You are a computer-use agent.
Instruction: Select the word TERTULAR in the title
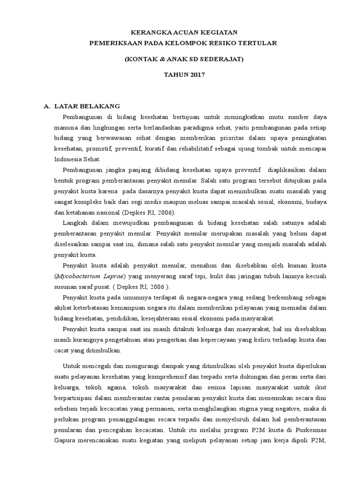coord(258,43)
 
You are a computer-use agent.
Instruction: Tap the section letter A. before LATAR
coord(47,106)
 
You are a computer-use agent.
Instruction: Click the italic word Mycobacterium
coord(80,276)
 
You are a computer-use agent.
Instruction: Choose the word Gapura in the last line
coord(67,440)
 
